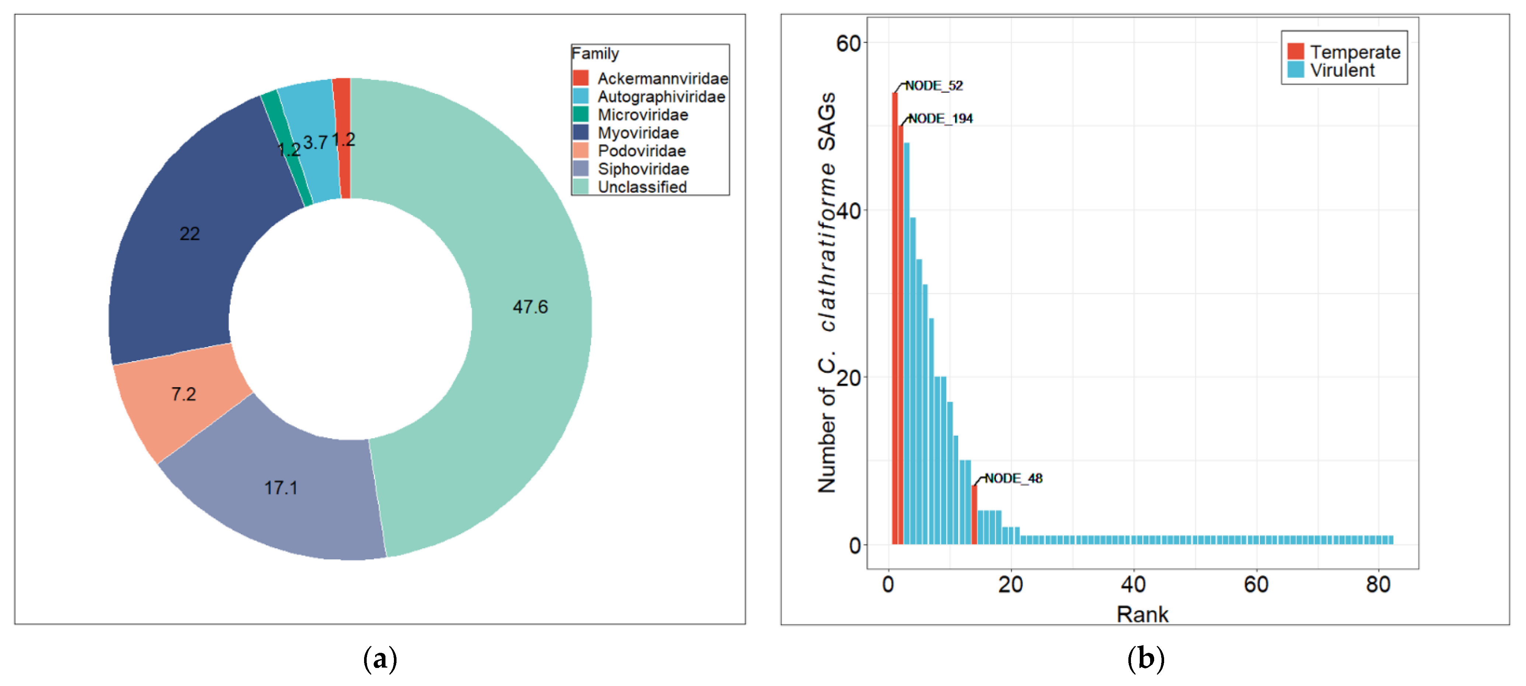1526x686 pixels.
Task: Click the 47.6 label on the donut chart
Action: click(530, 307)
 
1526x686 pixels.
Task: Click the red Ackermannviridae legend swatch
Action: click(580, 78)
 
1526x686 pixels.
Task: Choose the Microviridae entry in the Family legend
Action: click(643, 115)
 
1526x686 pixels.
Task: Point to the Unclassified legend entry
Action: click(642, 187)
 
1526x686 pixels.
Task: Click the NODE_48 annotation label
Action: click(1013, 478)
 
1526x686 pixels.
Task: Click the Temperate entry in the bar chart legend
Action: click(1355, 52)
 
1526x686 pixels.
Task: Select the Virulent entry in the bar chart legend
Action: click(1342, 70)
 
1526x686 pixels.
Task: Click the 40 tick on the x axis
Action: click(1133, 585)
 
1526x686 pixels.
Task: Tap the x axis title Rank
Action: click(1142, 614)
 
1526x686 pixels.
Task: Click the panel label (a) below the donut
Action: click(380, 659)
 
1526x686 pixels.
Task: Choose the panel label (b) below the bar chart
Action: click(1145, 659)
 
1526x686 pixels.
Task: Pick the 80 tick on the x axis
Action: click(1378, 585)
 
